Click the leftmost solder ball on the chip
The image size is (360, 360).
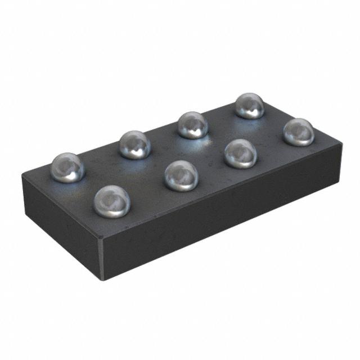67,168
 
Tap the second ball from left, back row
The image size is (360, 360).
135,145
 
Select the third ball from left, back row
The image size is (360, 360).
193,125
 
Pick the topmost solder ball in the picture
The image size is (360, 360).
249,106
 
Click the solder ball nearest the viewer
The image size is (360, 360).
112,201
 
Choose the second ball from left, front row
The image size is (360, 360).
181,175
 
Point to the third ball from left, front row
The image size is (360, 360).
241,154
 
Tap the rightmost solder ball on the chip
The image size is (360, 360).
298,132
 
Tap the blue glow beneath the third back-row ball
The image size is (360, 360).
194,142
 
